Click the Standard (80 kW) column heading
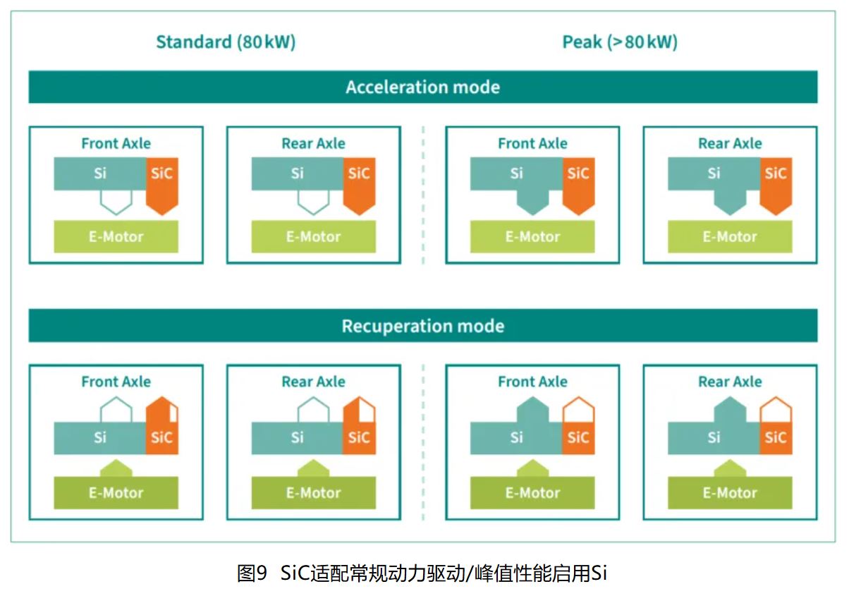point(226,42)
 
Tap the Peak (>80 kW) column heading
point(620,42)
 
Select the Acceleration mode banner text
point(422,87)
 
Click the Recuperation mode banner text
point(422,327)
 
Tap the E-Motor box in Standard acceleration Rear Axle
point(313,237)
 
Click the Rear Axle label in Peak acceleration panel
point(730,144)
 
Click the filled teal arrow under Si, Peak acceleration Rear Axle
point(730,202)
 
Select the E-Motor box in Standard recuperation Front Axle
point(116,492)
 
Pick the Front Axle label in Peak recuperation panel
point(532,382)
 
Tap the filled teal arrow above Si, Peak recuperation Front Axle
point(532,410)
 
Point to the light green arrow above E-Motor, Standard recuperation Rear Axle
point(313,468)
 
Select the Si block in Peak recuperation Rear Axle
point(714,438)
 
